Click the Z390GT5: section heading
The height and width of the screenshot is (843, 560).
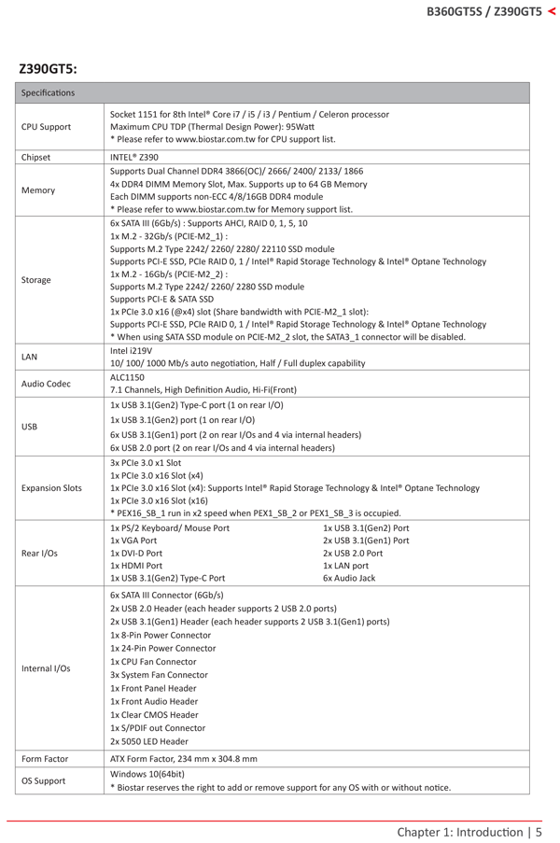[48, 69]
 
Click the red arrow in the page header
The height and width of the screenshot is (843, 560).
[552, 11]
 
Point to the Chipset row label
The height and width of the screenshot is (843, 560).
[36, 158]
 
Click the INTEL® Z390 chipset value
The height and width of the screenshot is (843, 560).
[134, 158]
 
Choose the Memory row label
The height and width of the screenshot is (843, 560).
[37, 190]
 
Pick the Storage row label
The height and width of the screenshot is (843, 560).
[36, 280]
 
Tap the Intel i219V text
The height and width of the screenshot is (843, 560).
[128, 351]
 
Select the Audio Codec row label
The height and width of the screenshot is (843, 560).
[46, 384]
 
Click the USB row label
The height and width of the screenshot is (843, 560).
[30, 427]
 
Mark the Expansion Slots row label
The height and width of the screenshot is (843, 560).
[51, 487]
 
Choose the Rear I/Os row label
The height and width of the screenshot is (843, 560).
[40, 553]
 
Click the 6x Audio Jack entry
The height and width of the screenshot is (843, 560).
[349, 578]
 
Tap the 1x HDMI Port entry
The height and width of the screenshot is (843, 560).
[136, 566]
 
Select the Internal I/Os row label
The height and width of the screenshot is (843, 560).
[46, 667]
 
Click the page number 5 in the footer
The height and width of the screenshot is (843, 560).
[539, 831]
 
